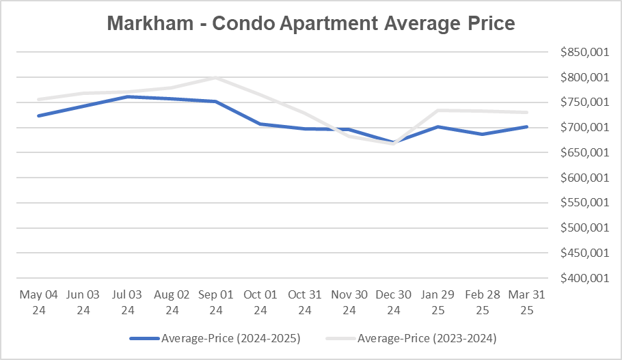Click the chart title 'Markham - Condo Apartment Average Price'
point(311,24)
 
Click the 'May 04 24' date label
point(39,302)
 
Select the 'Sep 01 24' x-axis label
point(216,302)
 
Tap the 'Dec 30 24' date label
point(394,302)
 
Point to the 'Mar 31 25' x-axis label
point(526,302)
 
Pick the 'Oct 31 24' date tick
point(305,302)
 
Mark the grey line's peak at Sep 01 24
point(216,77)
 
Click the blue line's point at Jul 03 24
point(128,96)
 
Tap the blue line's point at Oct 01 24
point(260,124)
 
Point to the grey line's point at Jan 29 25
point(438,110)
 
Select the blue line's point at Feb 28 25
point(483,134)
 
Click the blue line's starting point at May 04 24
point(39,115)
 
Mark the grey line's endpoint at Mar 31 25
point(526,112)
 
